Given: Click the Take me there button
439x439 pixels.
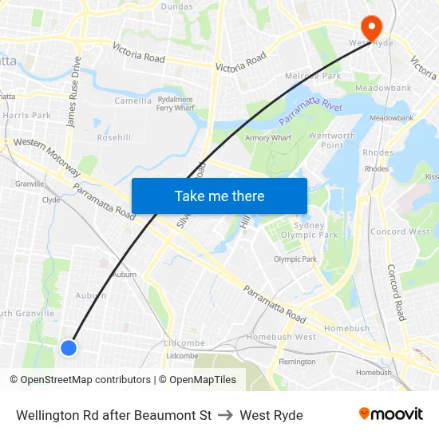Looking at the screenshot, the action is tap(219, 196).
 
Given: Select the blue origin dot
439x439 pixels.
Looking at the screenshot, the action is tap(69, 347).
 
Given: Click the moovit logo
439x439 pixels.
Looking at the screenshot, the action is tap(390, 413).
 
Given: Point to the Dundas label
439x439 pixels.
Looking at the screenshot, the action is tap(176, 6).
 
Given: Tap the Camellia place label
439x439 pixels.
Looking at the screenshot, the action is tap(132, 101).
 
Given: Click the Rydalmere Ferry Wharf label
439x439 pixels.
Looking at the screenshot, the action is tap(176, 103).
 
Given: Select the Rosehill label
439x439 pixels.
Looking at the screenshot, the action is tap(114, 137).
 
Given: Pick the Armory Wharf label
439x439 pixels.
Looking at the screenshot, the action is tap(268, 138).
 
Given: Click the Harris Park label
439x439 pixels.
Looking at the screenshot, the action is tap(26, 116).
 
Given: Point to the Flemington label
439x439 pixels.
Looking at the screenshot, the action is tap(297, 362).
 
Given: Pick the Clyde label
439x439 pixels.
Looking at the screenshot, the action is tap(51, 200).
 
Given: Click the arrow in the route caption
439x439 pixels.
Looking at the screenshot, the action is tap(226, 415).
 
